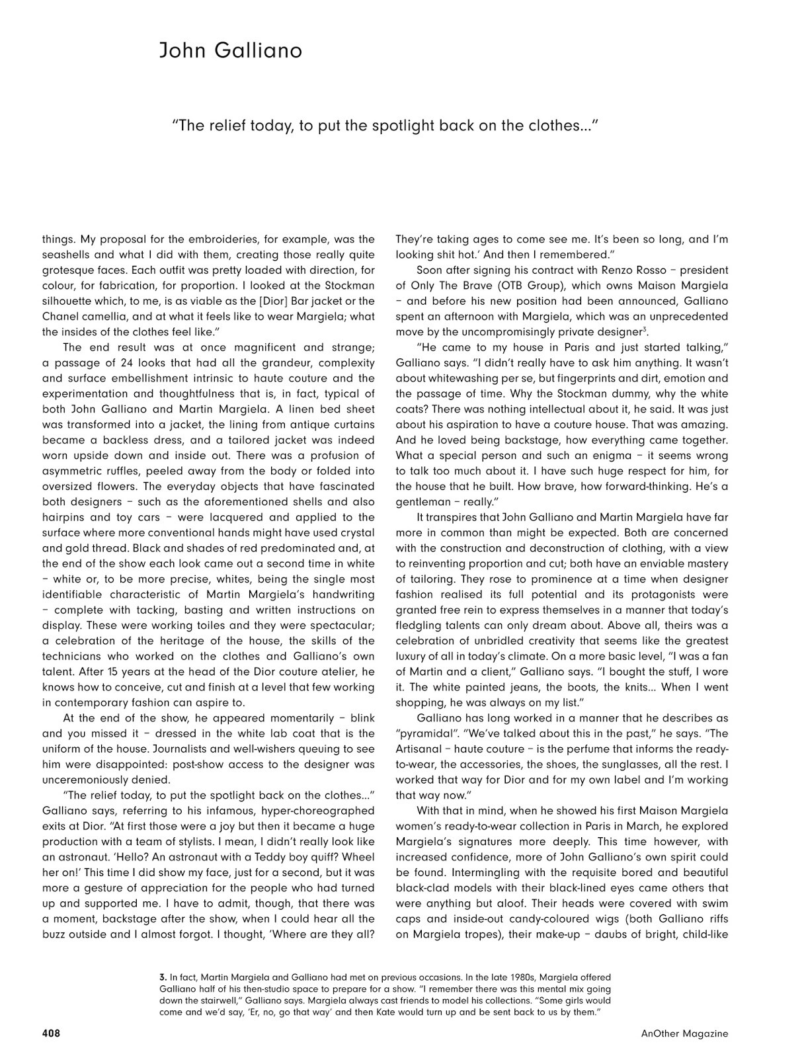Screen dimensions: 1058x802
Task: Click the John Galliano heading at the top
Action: (x=230, y=50)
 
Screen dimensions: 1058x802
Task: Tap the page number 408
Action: (x=51, y=1033)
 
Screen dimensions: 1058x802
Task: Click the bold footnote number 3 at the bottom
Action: (x=163, y=977)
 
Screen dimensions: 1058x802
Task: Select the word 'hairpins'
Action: (x=63, y=517)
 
